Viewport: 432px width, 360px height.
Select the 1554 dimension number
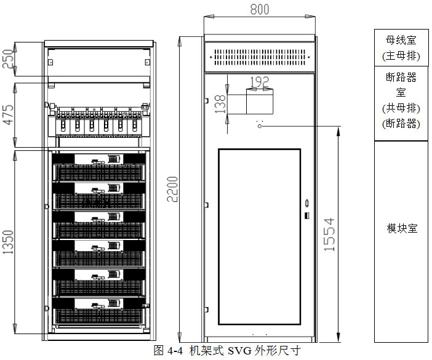[329, 234]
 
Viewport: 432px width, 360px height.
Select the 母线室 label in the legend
[401, 41]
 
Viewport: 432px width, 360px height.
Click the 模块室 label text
[402, 228]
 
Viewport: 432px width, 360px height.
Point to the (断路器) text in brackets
[401, 124]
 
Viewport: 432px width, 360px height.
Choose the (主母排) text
[401, 56]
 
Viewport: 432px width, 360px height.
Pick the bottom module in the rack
[100, 311]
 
